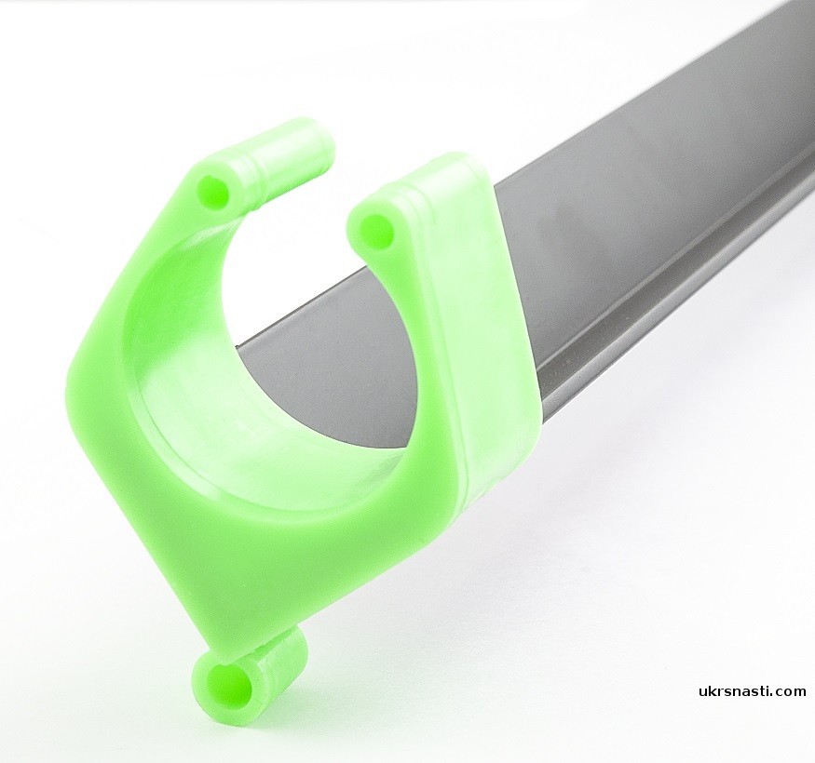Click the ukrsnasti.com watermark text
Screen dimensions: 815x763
pyautogui.click(x=752, y=690)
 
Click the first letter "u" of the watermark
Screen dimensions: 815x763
pyautogui.click(x=703, y=692)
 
